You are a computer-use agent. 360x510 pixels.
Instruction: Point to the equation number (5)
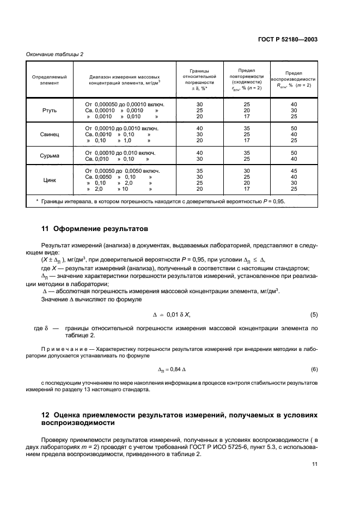click(x=313, y=315)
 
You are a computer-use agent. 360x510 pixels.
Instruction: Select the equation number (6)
click(x=313, y=369)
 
